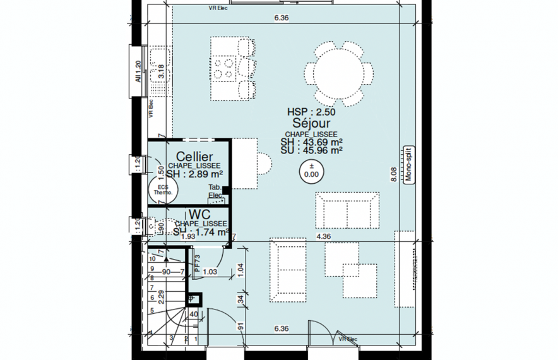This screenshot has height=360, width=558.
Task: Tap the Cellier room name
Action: tap(194, 156)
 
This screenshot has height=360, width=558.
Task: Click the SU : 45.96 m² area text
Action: tap(312, 151)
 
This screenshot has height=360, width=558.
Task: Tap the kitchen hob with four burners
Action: tap(223, 68)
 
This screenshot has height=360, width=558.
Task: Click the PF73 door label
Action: tap(197, 263)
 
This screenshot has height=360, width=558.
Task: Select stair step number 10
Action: tap(152, 258)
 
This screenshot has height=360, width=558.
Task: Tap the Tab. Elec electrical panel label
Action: tap(215, 191)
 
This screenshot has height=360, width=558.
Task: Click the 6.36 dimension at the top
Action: tap(281, 18)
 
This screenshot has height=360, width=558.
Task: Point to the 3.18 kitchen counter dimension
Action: tap(161, 71)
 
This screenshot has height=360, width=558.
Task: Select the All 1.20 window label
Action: tap(137, 72)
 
